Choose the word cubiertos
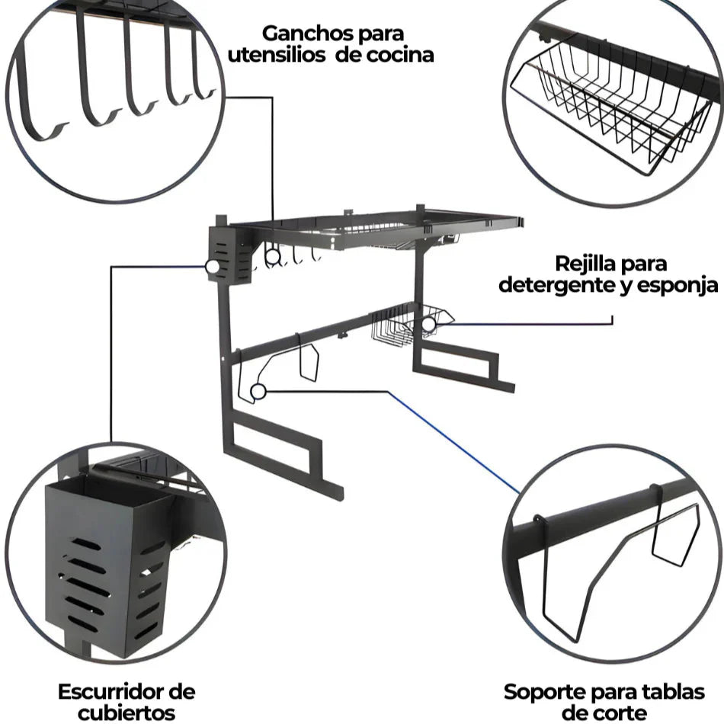point(127,713)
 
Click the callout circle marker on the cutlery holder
point(212,267)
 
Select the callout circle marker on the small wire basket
point(429,325)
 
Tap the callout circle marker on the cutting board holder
point(258,392)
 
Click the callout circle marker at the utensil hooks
point(272,256)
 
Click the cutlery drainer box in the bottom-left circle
point(103,556)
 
